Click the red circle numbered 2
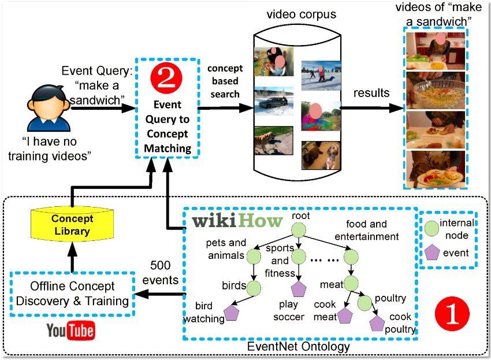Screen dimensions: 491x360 [166, 78]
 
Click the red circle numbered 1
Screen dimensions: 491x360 [452, 313]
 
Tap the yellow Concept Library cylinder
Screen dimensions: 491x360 [72, 224]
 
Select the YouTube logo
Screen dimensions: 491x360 [71, 330]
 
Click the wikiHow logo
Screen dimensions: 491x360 [237, 220]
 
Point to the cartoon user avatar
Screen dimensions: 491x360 [49, 107]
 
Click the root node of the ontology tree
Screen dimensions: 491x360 [299, 230]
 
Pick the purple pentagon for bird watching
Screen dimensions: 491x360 [232, 313]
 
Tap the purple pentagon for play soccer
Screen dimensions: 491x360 [299, 289]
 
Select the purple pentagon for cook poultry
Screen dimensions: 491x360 [377, 324]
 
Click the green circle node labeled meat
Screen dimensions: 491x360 [351, 283]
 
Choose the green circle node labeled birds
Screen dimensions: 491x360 [254, 288]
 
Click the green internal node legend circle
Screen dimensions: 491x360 [432, 228]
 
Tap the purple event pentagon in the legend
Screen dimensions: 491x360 [432, 252]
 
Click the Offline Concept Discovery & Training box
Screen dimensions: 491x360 [72, 294]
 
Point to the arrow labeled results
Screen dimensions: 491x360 [372, 108]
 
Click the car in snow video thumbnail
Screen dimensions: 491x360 [274, 101]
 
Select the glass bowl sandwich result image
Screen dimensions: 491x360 [436, 90]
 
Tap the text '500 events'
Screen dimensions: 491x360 [161, 273]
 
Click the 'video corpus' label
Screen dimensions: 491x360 [301, 14]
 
